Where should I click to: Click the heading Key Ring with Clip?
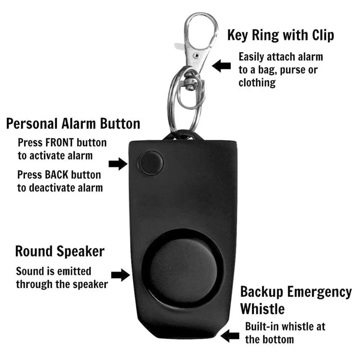(x=280, y=35)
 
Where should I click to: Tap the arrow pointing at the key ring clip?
(x=221, y=66)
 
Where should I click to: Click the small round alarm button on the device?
(x=150, y=163)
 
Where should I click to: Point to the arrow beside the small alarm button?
(x=118, y=164)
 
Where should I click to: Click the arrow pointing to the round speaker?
(x=120, y=275)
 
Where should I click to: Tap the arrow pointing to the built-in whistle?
(x=230, y=336)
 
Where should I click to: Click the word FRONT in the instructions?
(x=59, y=143)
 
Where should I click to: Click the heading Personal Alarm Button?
(x=73, y=123)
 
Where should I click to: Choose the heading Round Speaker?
(x=60, y=251)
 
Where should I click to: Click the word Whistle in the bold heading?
(x=262, y=309)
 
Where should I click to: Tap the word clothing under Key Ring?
(x=257, y=83)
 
